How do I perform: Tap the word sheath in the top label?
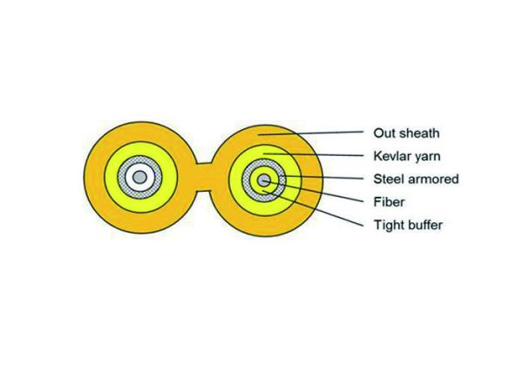(419, 133)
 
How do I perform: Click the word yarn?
(428, 157)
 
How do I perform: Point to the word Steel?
(388, 179)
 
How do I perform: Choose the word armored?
(433, 179)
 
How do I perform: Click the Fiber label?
(389, 202)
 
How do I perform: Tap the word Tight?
(387, 225)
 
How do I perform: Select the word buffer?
(424, 225)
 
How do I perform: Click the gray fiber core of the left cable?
(139, 177)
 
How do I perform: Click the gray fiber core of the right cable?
(264, 180)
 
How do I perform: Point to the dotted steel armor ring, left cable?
(139, 159)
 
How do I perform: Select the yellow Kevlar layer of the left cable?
(139, 149)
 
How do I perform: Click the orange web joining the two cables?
(203, 177)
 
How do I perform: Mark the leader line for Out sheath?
(311, 133)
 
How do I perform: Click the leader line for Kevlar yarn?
(314, 154)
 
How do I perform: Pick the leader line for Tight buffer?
(313, 208)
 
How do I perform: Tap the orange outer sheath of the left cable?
(139, 132)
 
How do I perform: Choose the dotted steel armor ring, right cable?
(264, 163)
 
